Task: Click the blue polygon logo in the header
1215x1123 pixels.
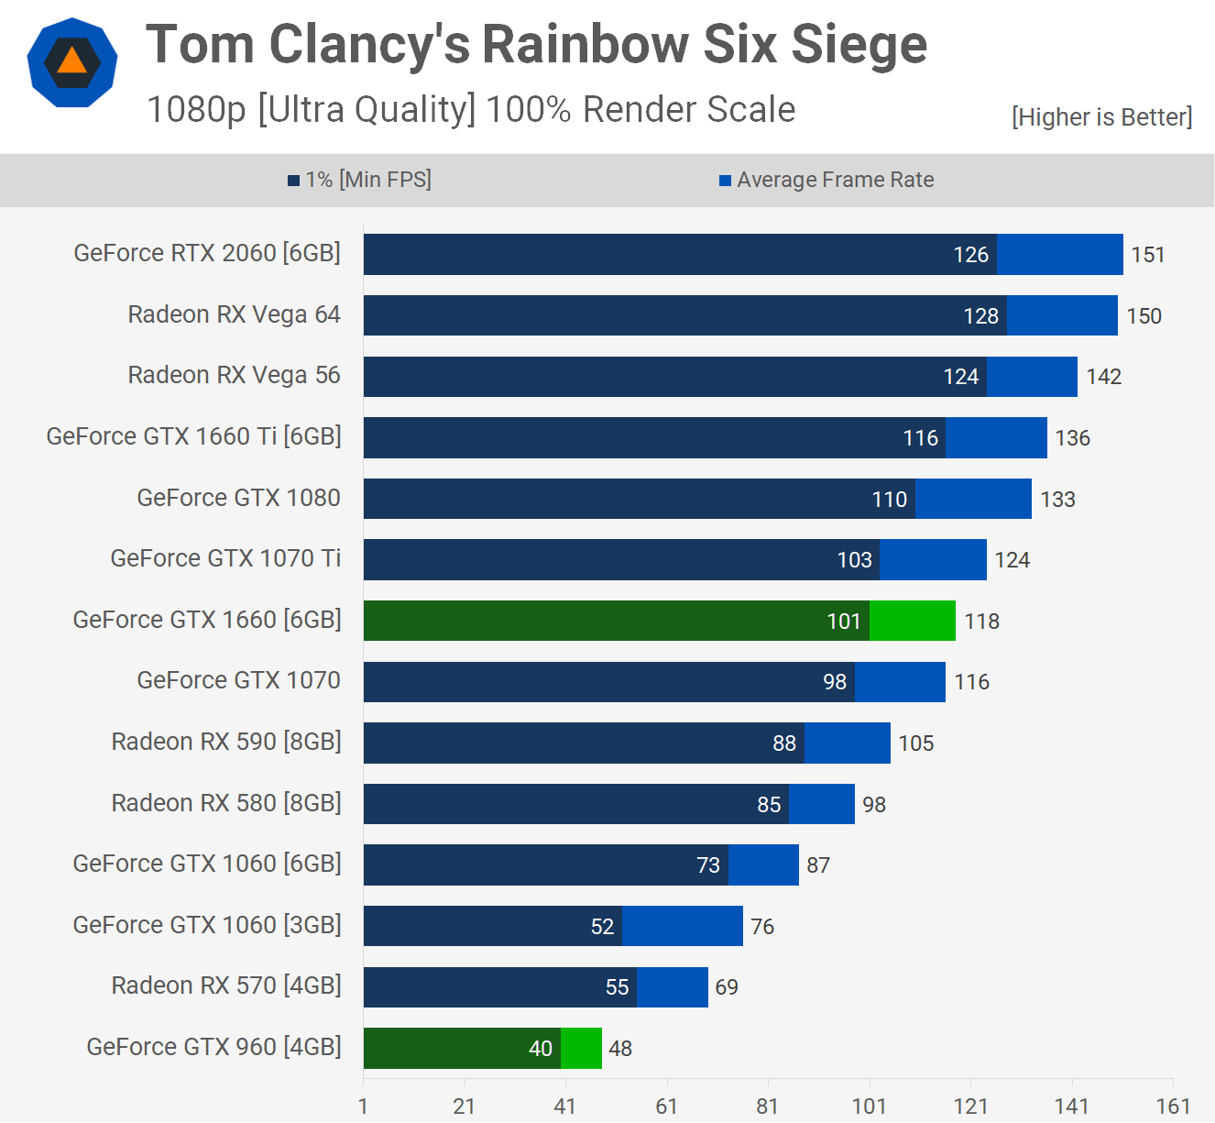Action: click(72, 63)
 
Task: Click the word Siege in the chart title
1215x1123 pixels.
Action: click(859, 44)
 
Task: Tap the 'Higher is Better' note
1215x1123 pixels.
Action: click(1101, 117)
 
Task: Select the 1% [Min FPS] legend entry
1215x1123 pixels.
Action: click(359, 180)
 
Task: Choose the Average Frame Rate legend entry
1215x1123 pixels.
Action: click(826, 180)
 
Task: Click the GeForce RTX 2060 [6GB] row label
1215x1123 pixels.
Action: click(207, 253)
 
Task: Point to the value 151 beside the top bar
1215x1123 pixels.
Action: click(1147, 255)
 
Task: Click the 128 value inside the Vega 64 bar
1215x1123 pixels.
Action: click(980, 316)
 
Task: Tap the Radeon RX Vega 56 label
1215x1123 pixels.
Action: click(234, 375)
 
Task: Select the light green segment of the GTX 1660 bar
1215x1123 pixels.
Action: click(912, 621)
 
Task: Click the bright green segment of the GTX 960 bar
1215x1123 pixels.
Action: click(581, 1048)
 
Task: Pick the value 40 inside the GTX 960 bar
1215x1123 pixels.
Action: click(541, 1049)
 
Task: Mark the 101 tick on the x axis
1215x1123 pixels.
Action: click(869, 1106)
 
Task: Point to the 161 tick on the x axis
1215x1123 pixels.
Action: click(1173, 1106)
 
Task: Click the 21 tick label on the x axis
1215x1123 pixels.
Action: click(465, 1106)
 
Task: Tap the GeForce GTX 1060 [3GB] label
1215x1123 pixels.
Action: click(207, 925)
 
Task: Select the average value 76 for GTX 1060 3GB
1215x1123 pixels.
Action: click(762, 927)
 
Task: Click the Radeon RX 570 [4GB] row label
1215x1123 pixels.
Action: click(226, 985)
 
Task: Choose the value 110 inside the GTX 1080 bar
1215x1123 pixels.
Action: click(889, 500)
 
